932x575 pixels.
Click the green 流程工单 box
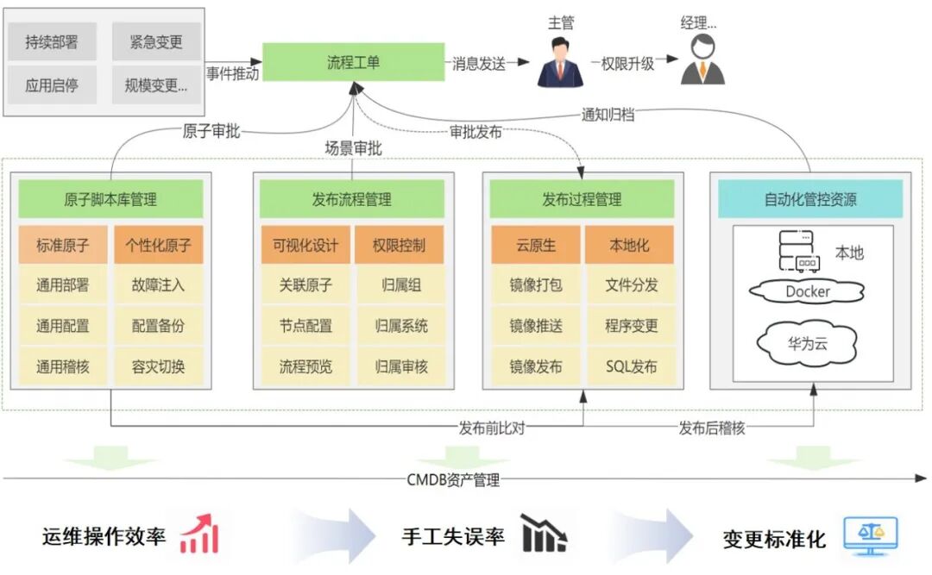coord(353,63)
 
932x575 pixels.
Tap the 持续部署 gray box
coord(52,41)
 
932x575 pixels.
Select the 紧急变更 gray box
coord(155,41)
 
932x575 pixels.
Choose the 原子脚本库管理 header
coord(110,199)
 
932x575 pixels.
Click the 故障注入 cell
coord(158,284)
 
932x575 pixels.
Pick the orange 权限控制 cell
coord(399,245)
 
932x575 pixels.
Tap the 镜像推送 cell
coord(536,326)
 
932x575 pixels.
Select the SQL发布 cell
coord(631,366)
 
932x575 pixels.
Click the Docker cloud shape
coord(808,291)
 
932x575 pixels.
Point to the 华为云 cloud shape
coord(808,342)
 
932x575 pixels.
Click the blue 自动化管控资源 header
coord(809,199)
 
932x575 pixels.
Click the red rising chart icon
coord(199,534)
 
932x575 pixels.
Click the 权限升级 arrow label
coord(623,64)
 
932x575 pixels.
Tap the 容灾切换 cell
coord(158,366)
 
